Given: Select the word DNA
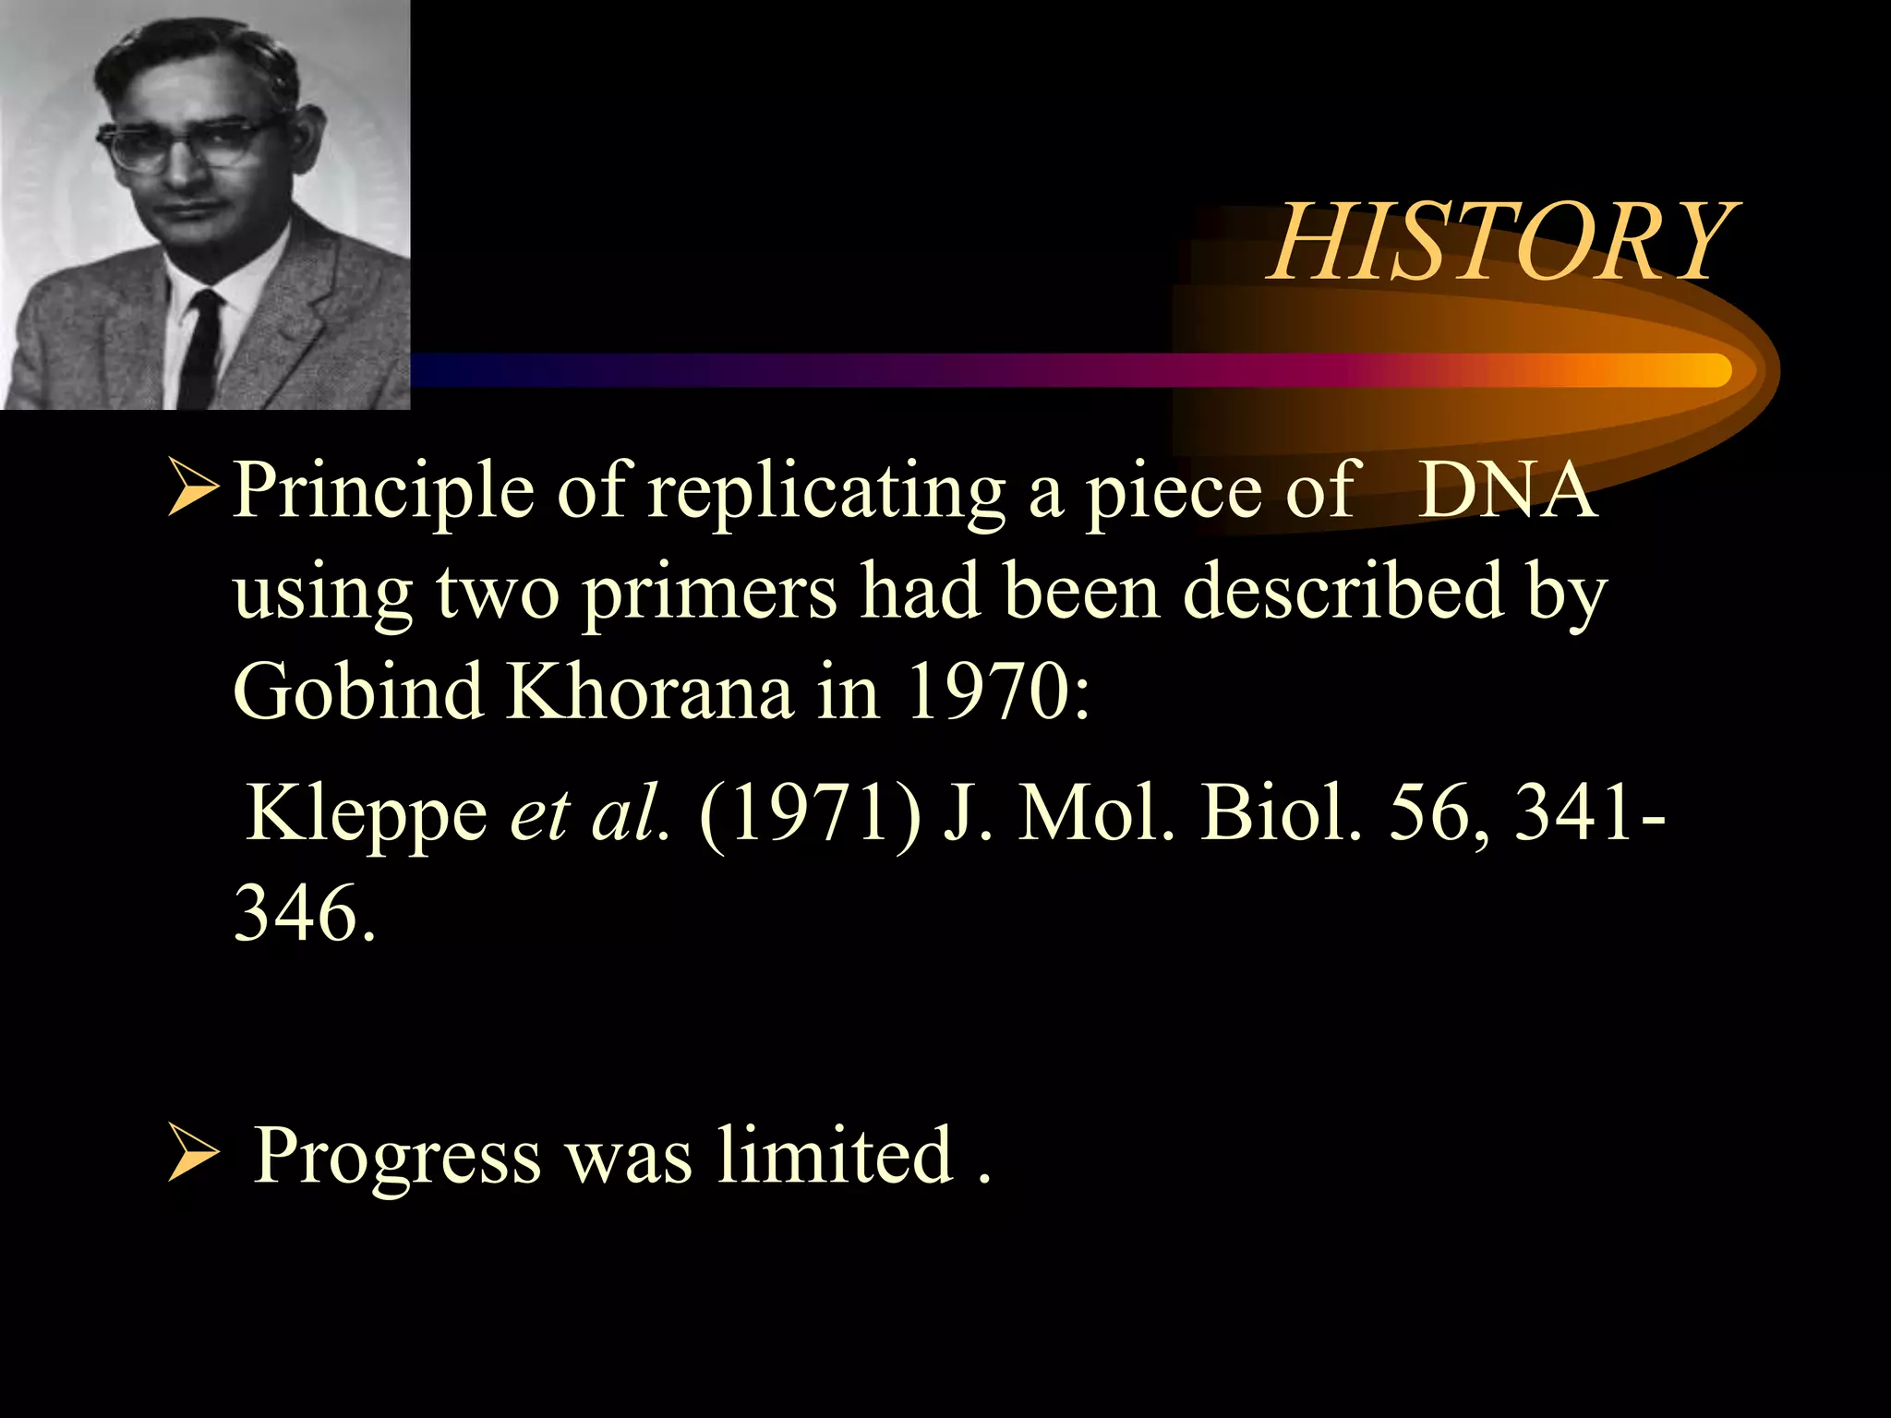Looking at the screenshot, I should click(x=1506, y=490).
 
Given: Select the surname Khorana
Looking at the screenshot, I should click(x=650, y=691).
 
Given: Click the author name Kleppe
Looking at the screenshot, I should click(x=367, y=815).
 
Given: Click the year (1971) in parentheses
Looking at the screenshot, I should click(x=810, y=813).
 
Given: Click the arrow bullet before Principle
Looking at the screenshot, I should click(x=194, y=490).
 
